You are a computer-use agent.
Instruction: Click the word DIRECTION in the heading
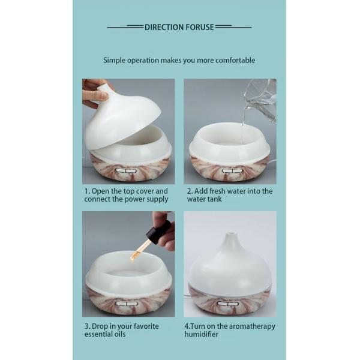164,28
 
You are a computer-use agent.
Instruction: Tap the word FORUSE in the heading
200,28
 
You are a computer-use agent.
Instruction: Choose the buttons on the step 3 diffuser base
127,304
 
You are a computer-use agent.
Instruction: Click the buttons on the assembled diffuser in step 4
228,304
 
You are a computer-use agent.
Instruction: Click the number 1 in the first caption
87,191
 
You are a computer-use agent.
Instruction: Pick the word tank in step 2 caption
214,199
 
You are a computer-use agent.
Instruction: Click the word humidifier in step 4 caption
202,334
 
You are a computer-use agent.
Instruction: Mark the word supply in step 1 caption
158,200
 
